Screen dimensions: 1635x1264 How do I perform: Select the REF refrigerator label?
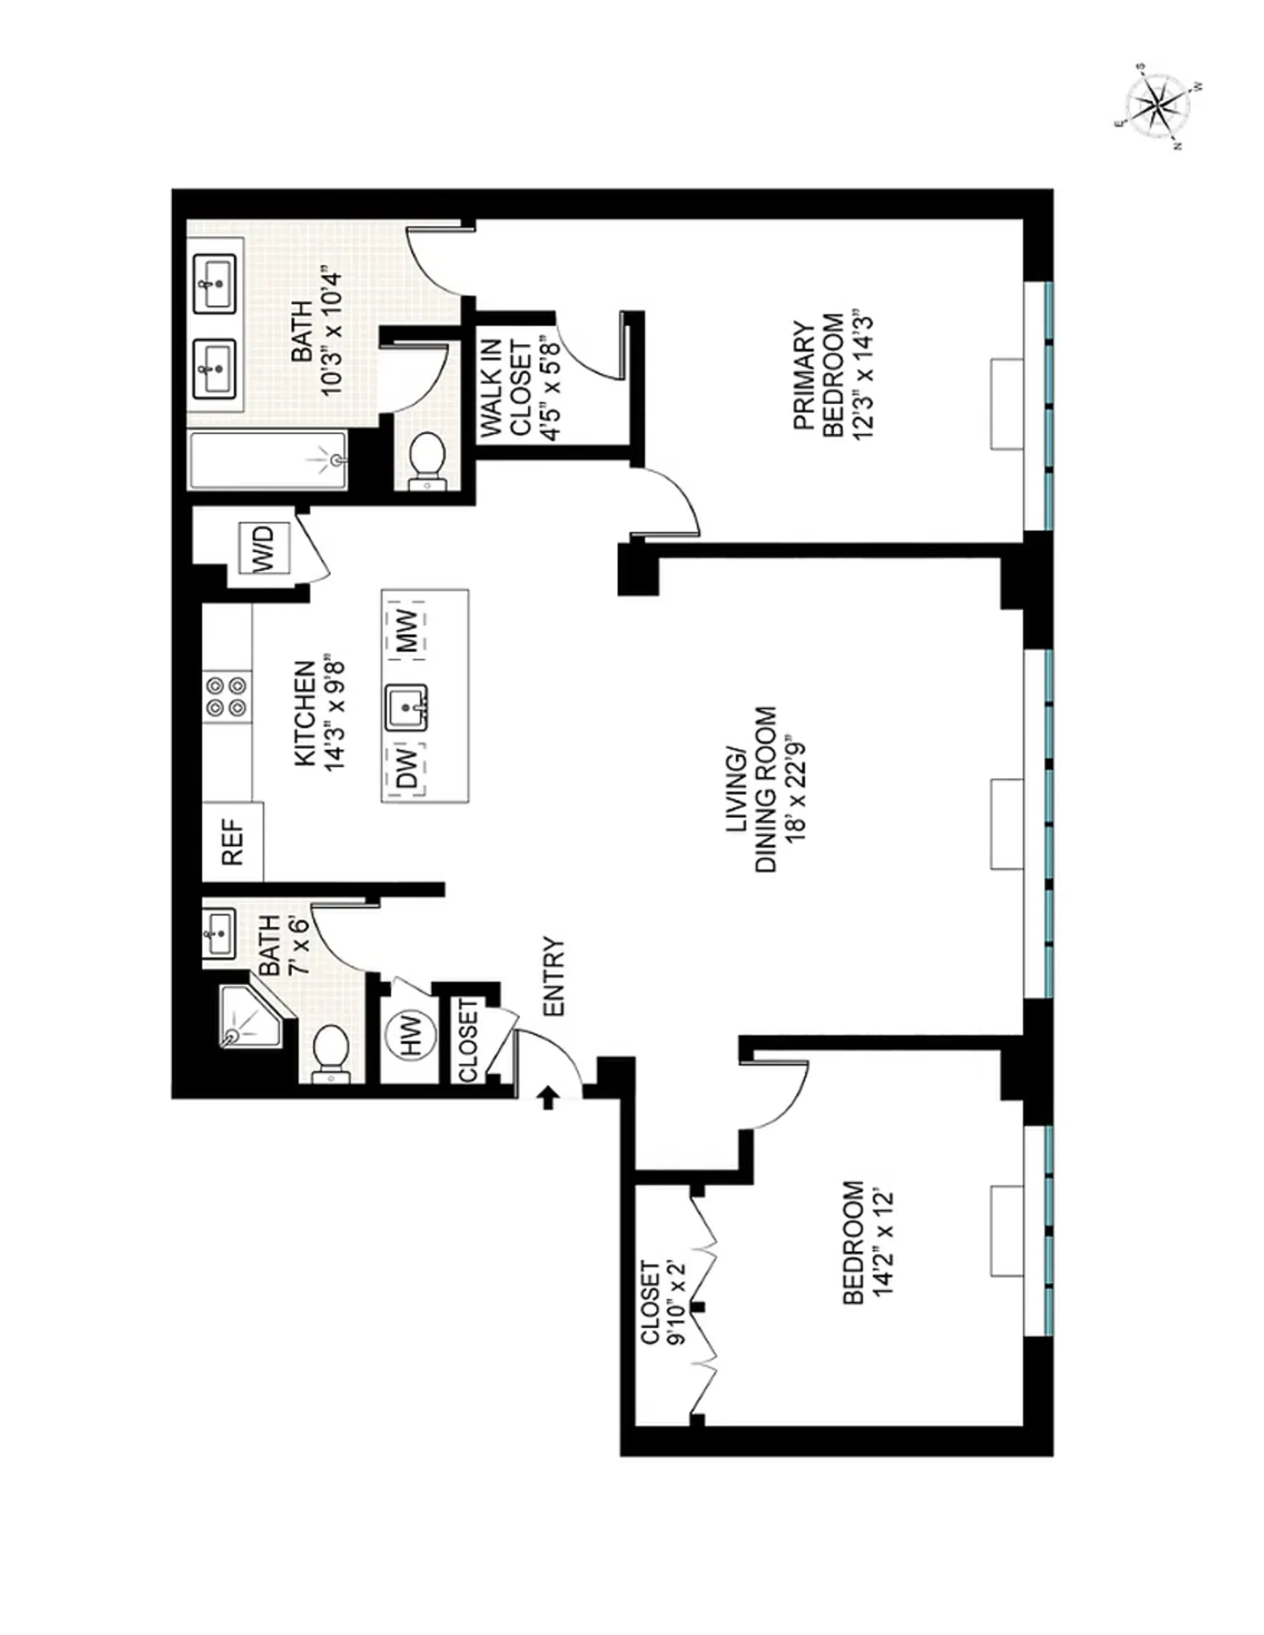point(233,841)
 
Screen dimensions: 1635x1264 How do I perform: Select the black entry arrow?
point(548,1097)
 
